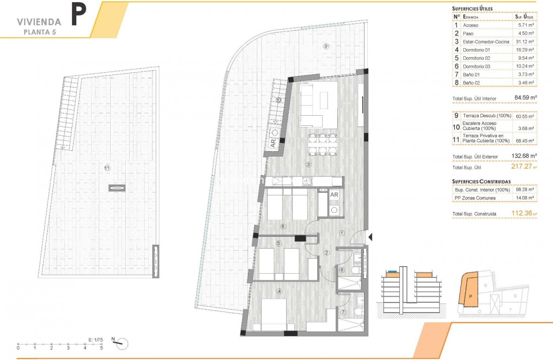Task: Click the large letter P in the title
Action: [79, 15]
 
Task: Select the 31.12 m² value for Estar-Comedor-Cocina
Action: [525, 41]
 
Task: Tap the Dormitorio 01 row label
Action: [476, 50]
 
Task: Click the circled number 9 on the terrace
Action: [326, 46]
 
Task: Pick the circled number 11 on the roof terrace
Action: [107, 168]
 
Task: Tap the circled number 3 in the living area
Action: [308, 165]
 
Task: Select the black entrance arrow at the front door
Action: [370, 237]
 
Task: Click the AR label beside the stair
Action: [273, 142]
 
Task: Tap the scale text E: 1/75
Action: [96, 339]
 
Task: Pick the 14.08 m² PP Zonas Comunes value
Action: [525, 198]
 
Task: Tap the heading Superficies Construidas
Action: [481, 181]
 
